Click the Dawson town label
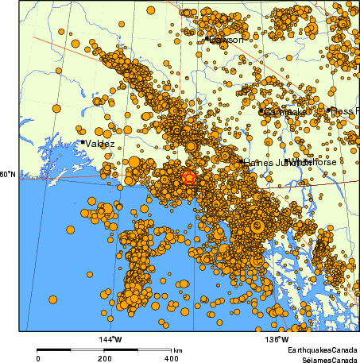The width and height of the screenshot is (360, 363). [x=227, y=38]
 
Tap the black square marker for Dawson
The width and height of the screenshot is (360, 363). [x=207, y=37]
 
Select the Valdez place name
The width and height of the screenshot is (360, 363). [x=100, y=144]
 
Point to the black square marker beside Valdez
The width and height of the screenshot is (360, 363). [x=83, y=142]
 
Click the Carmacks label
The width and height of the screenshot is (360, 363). [x=284, y=113]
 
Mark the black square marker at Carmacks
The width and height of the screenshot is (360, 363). [x=261, y=111]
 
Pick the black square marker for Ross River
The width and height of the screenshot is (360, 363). [x=328, y=110]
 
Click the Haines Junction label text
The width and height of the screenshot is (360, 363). [x=267, y=162]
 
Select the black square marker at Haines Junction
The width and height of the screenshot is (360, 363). [x=242, y=161]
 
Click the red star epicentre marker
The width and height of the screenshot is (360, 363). [x=189, y=178]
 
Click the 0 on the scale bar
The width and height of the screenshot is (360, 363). [x=38, y=358]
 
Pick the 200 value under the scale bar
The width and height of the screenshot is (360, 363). [x=105, y=358]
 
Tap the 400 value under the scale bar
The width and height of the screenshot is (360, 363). [x=171, y=358]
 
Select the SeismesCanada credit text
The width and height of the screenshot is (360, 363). [x=323, y=358]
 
